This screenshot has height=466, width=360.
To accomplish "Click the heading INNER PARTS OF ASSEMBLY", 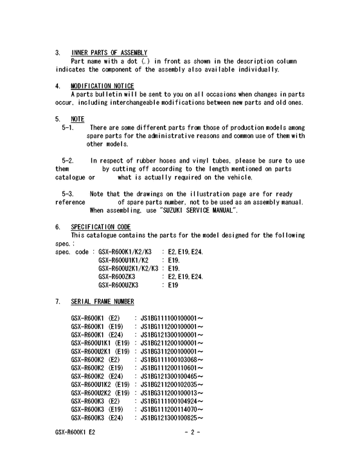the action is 109,52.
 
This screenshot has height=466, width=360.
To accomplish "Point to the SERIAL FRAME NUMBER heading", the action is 103,301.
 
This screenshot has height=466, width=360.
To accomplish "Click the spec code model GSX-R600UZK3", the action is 123,285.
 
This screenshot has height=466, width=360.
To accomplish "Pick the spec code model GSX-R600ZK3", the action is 121,276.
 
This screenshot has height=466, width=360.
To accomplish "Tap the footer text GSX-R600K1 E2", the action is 76,450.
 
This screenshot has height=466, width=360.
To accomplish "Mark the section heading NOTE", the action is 78,119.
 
